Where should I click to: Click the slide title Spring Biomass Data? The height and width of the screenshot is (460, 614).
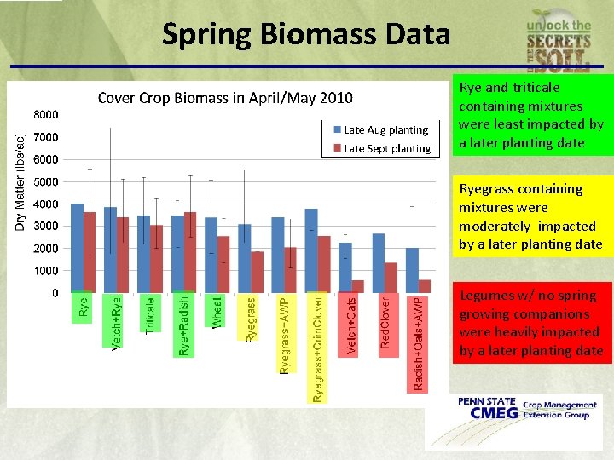(x=305, y=34)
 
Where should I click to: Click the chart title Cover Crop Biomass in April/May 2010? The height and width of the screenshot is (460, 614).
(x=225, y=97)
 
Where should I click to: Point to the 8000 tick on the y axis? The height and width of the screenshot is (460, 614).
(x=46, y=114)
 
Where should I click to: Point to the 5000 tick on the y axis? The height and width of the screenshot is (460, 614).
(x=46, y=181)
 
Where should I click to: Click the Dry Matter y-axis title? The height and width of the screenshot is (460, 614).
(x=20, y=180)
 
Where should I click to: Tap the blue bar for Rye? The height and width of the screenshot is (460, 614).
(x=77, y=248)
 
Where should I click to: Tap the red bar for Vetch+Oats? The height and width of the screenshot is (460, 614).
(x=357, y=286)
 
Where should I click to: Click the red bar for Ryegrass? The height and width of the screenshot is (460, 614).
(x=258, y=272)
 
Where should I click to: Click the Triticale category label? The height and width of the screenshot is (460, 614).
(x=150, y=314)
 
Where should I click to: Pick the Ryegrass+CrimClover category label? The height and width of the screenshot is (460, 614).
(x=316, y=348)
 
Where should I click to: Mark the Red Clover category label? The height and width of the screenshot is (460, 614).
(x=385, y=321)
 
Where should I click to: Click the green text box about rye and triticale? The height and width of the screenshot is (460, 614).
(x=532, y=115)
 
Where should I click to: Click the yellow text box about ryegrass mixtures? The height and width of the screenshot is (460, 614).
(x=532, y=216)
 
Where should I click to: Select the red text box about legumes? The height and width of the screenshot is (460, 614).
(x=532, y=323)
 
